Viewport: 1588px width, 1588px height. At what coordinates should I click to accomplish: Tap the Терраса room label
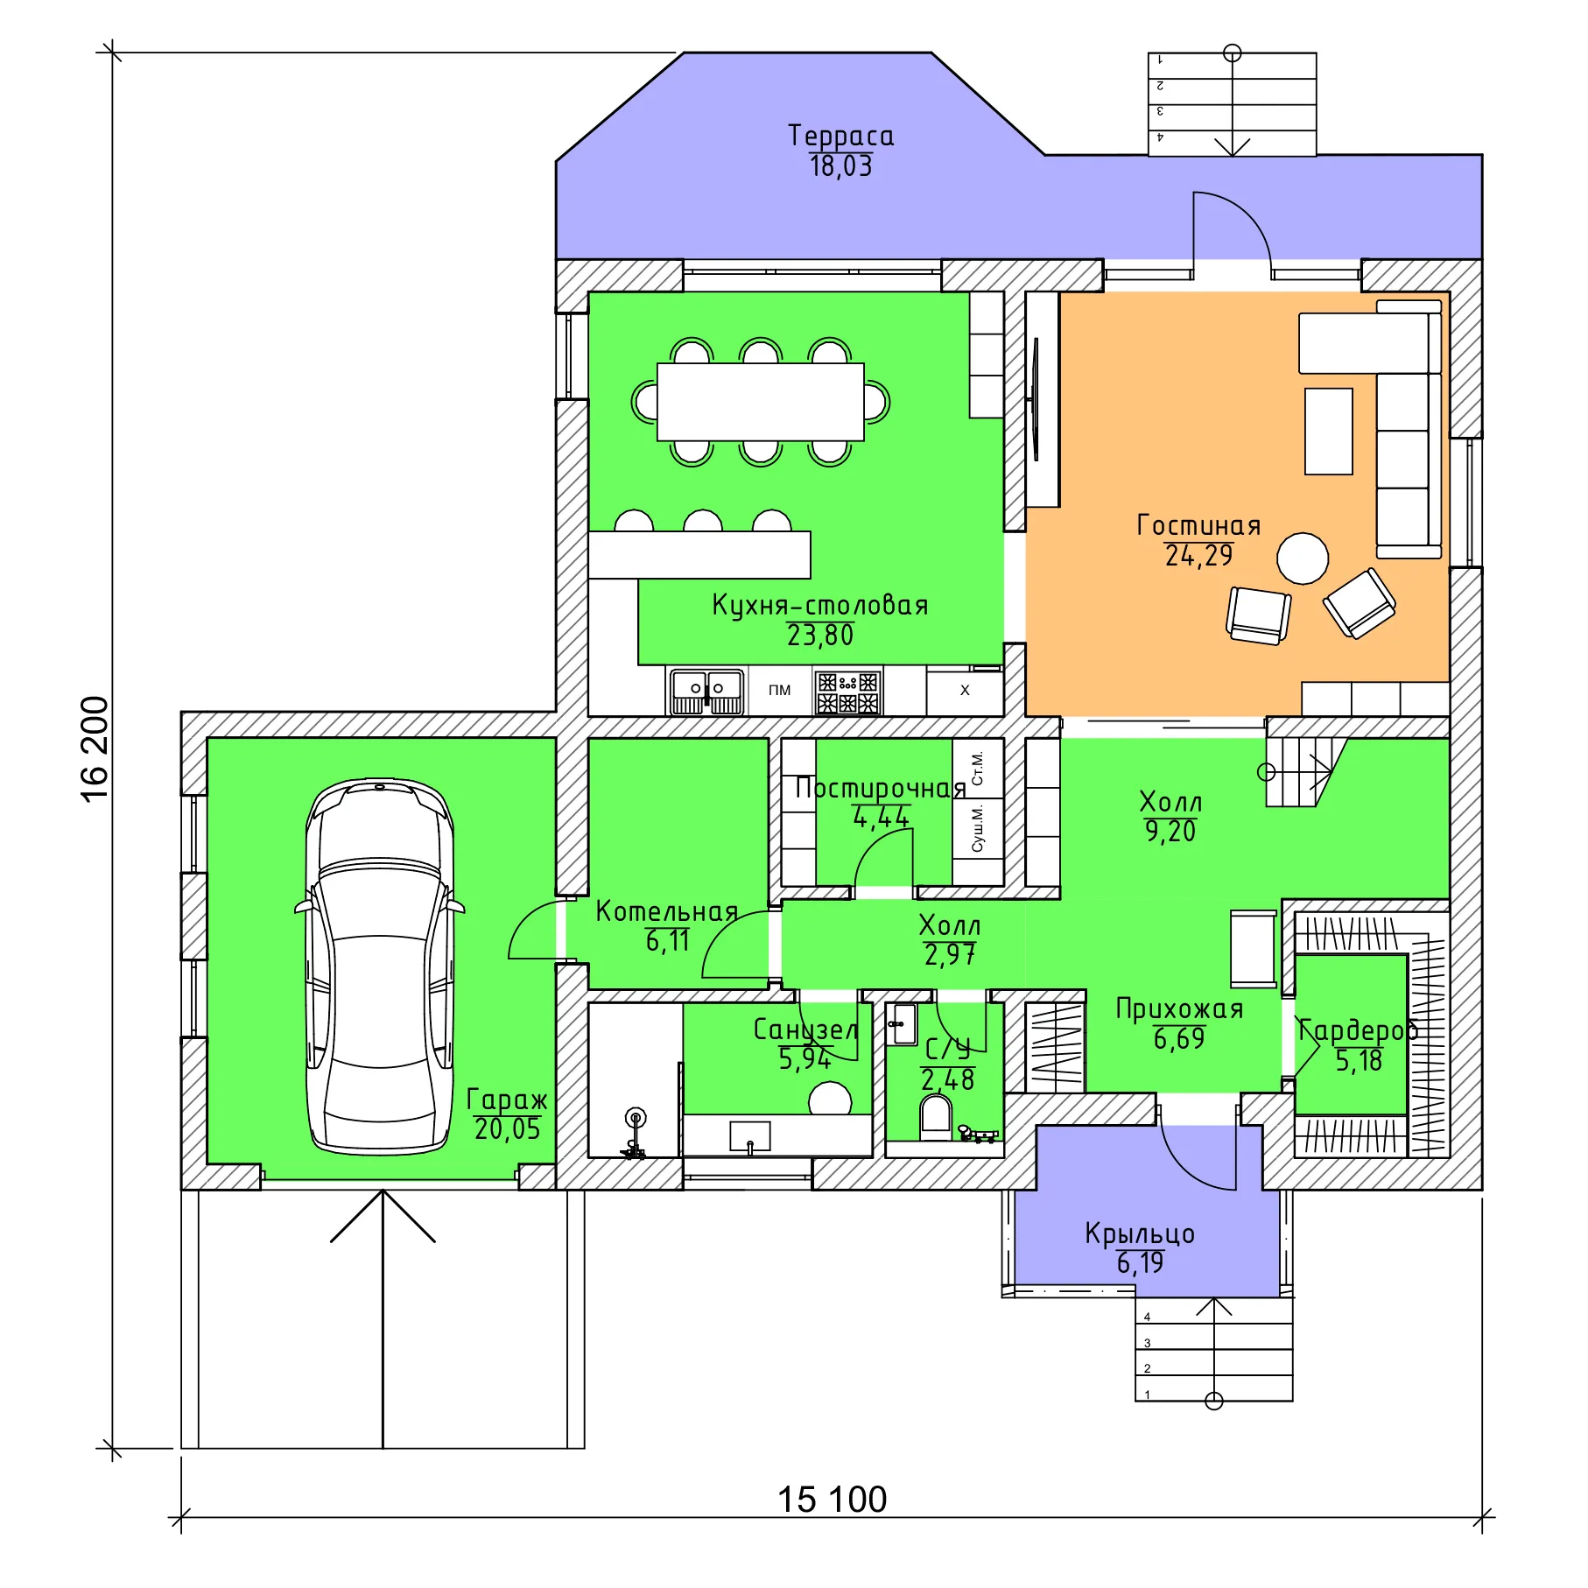click(840, 136)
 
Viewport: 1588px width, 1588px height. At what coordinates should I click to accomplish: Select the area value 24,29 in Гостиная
click(1198, 555)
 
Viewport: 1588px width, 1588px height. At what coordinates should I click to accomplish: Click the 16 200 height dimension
click(95, 748)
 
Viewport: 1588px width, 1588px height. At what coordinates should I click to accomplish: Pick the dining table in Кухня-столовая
click(760, 402)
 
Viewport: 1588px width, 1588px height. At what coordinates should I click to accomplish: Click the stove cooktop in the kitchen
click(847, 692)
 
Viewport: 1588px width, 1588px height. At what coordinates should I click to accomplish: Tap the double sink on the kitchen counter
click(707, 692)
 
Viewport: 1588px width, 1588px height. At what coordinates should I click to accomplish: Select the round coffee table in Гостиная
click(1303, 559)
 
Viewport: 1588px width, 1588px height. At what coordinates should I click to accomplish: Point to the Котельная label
click(667, 911)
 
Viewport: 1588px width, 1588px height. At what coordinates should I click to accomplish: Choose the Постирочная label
click(880, 788)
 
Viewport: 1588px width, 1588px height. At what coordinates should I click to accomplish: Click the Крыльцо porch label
click(1140, 1233)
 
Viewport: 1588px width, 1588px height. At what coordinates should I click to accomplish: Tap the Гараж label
click(507, 1100)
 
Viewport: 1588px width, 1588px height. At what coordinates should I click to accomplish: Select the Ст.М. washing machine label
click(978, 767)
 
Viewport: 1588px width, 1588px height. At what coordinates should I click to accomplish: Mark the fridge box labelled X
click(965, 691)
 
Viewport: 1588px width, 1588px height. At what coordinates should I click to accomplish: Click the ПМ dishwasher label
click(779, 690)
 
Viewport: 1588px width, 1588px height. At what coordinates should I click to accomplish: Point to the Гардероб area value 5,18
click(1359, 1061)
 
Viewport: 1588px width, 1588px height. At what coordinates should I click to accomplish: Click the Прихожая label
click(1179, 1009)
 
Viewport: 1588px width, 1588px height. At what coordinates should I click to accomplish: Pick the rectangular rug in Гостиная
click(1329, 432)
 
